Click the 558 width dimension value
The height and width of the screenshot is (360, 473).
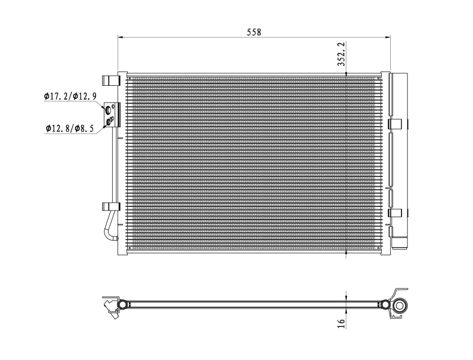254,32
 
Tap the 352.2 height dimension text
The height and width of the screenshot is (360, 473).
340,53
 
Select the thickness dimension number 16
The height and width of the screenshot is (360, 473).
340,322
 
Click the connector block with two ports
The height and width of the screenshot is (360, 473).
112,115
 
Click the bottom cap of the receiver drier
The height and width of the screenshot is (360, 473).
398,244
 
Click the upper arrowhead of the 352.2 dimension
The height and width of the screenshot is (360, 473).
346,71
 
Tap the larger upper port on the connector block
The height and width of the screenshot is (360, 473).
109,110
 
